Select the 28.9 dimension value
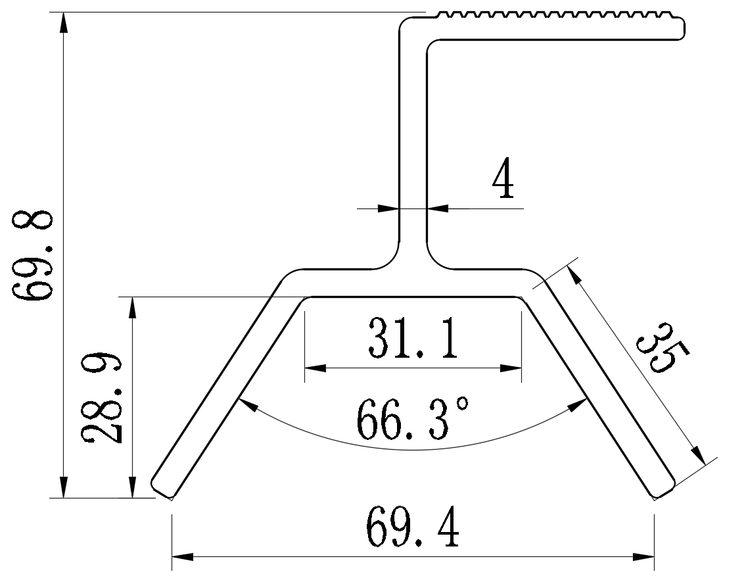103,399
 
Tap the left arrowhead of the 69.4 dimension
182,557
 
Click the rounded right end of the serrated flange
682,28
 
